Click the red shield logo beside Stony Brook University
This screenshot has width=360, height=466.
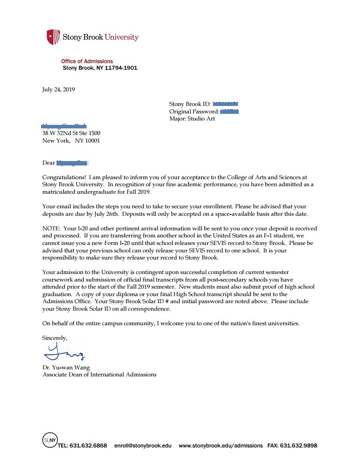pos(53,37)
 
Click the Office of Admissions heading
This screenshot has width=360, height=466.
pos(87,61)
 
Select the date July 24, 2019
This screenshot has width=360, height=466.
pos(58,90)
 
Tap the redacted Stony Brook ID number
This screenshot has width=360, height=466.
pos(225,104)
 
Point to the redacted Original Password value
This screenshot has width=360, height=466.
pos(229,112)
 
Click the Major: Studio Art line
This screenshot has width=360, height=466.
pos(192,119)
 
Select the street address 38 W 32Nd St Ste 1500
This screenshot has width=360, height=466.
pos(71,133)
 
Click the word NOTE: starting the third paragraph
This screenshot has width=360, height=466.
pos(51,229)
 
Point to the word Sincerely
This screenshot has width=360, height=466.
pos(55,338)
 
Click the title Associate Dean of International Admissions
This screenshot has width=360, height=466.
pos(99,375)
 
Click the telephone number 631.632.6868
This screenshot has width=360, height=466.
pos(89,446)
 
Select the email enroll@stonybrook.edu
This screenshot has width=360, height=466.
pos(142,446)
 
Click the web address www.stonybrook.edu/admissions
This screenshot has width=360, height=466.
pos(221,446)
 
